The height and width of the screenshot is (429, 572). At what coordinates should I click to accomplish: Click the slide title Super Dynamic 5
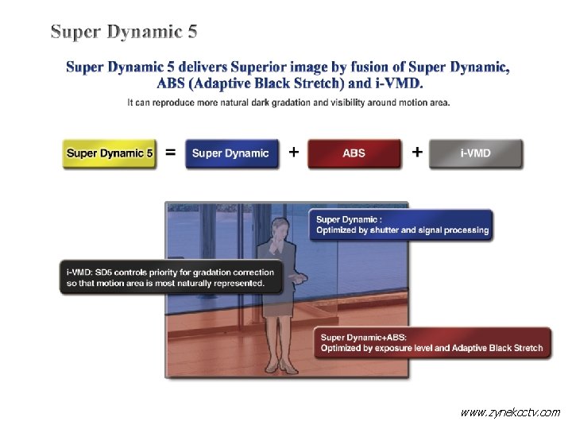pyautogui.click(x=124, y=32)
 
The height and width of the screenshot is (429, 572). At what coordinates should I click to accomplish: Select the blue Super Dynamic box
pyautogui.click(x=232, y=153)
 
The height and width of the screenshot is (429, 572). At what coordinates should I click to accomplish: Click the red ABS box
pyautogui.click(x=354, y=153)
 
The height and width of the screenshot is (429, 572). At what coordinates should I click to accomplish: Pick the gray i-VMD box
pyautogui.click(x=476, y=153)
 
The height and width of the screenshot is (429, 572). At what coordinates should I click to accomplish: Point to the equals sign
pyautogui.click(x=170, y=153)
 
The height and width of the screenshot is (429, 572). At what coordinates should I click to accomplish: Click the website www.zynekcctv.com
pyautogui.click(x=511, y=412)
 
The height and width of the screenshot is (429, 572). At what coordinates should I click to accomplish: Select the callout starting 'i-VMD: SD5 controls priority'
pyautogui.click(x=171, y=277)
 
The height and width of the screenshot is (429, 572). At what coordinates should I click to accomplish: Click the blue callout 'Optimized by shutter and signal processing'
pyautogui.click(x=402, y=225)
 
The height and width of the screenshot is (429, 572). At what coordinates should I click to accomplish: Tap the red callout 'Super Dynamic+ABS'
pyautogui.click(x=431, y=342)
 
